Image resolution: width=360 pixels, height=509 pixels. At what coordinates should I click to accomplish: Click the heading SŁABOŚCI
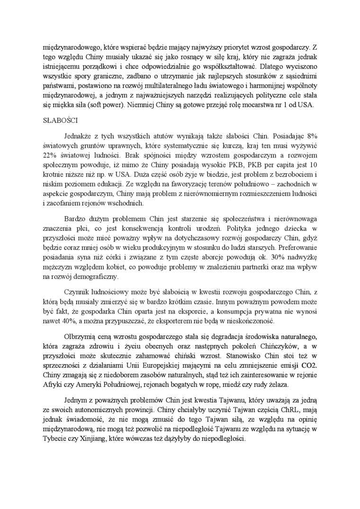coord(58,121)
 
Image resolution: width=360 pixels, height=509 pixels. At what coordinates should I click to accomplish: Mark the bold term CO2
coord(307,365)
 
